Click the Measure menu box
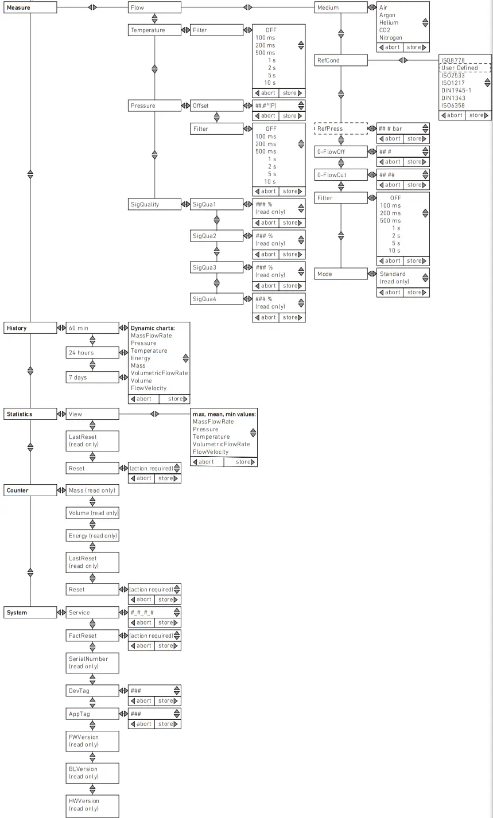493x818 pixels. [x=30, y=7]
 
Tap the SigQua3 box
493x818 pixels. [x=217, y=268]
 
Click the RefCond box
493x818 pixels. [x=341, y=60]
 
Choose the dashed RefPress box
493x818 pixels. [x=341, y=128]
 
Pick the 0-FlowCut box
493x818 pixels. [x=341, y=174]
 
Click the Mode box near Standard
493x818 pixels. [x=341, y=274]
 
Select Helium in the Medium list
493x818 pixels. [x=389, y=23]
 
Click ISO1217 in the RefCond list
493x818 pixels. [x=453, y=83]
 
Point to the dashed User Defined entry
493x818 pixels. [x=464, y=68]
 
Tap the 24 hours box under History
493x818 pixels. [x=92, y=353]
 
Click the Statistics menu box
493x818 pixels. [x=30, y=414]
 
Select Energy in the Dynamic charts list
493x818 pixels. [x=141, y=358]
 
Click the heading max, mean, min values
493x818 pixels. [x=224, y=414]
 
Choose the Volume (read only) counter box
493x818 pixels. [x=92, y=513]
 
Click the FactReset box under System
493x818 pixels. [x=92, y=636]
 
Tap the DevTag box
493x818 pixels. [x=92, y=691]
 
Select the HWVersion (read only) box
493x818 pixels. [x=92, y=805]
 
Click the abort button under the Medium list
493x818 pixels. [x=390, y=47]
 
